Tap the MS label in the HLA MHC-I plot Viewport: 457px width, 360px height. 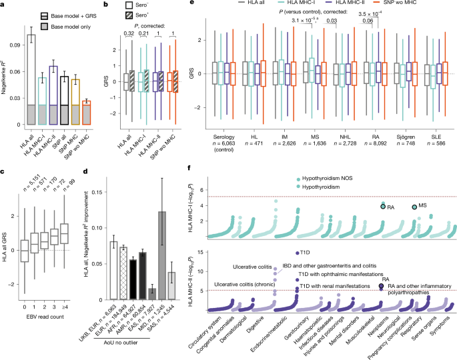[x=424, y=208]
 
